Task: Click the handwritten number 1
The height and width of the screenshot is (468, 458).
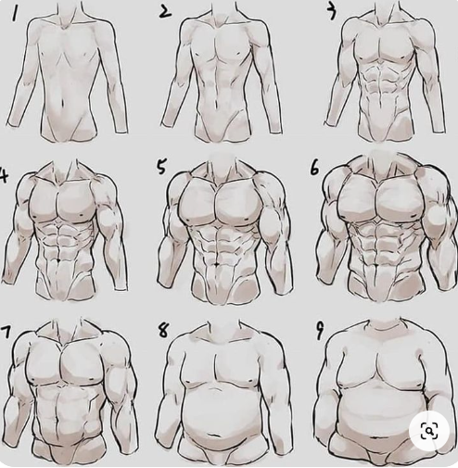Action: pyautogui.click(x=14, y=14)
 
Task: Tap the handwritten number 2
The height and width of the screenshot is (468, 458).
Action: pyautogui.click(x=165, y=12)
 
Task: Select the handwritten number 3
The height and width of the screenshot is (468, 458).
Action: pyautogui.click(x=332, y=13)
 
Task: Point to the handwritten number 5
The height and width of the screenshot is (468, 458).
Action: pyautogui.click(x=161, y=167)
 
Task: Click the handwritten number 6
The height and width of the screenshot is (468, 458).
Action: pyautogui.click(x=314, y=169)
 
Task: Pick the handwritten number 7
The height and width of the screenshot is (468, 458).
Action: pyautogui.click(x=6, y=332)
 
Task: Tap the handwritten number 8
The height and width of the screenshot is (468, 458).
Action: pyautogui.click(x=163, y=330)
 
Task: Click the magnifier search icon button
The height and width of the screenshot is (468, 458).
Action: pyautogui.click(x=429, y=431)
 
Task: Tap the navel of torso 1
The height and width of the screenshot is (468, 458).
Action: pyautogui.click(x=63, y=103)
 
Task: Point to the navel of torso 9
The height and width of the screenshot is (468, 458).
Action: pyautogui.click(x=376, y=437)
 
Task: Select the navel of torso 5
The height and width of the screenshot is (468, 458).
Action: pyautogui.click(x=218, y=264)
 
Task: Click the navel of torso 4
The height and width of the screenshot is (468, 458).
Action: pyautogui.click(x=58, y=260)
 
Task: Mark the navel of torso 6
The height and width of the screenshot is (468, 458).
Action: pyautogui.click(x=375, y=265)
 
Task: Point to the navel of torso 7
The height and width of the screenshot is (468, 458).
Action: pyautogui.click(x=57, y=421)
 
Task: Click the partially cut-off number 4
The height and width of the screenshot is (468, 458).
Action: pyautogui.click(x=4, y=176)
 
